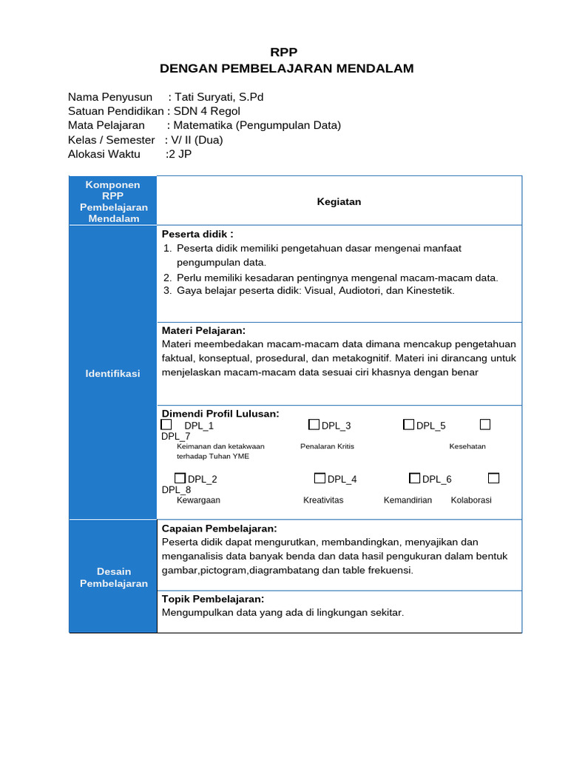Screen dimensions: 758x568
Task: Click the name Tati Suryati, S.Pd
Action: pos(219,97)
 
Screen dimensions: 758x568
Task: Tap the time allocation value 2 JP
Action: pos(180,154)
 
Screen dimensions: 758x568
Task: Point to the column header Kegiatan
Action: pos(339,201)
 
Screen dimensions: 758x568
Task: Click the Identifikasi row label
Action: pos(112,374)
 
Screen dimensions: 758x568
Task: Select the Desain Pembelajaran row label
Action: pos(113,577)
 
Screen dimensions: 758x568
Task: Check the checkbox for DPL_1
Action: pos(166,425)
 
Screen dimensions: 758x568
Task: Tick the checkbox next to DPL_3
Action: pos(314,425)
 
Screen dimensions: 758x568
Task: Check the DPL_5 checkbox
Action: pos(408,425)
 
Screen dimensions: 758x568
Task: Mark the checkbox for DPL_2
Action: pos(180,478)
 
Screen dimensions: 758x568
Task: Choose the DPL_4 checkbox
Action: pos(319,478)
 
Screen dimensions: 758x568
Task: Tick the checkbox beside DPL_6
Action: pos(414,478)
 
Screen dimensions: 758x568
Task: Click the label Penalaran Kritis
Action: pos(327,446)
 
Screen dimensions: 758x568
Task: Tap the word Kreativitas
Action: pos(323,500)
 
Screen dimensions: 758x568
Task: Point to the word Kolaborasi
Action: pos(471,500)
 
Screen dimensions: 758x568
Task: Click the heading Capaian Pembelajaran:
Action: pos(219,529)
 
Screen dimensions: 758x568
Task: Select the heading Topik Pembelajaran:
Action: pos(212,599)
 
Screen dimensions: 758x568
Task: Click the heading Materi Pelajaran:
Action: pos(203,330)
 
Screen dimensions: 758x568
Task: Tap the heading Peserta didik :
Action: pos(197,234)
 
